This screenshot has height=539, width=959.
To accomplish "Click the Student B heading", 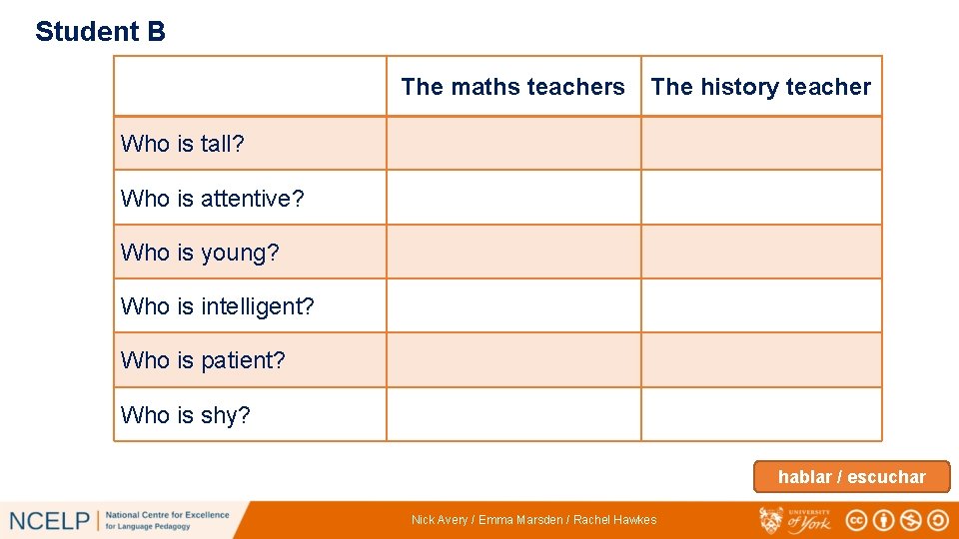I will [x=100, y=32].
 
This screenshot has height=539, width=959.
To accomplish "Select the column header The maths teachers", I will [x=512, y=87].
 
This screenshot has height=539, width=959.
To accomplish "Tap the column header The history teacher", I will [x=760, y=87].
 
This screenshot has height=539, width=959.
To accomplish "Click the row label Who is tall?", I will [x=183, y=144].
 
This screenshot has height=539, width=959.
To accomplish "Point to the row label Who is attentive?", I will [x=212, y=199].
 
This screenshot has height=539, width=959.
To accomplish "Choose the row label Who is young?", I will [x=200, y=253].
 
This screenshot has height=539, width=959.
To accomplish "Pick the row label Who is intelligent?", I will [x=217, y=306].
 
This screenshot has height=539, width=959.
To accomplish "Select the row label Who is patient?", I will [x=203, y=360].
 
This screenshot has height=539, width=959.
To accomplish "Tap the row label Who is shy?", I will [x=185, y=415].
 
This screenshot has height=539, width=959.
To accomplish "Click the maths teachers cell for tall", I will [x=512, y=144].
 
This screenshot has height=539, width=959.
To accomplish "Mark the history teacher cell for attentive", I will [x=760, y=198].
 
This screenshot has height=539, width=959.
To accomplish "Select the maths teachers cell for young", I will [x=512, y=252].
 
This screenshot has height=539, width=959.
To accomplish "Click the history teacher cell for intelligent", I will [x=760, y=305].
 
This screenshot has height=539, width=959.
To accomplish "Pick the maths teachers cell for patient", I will [x=512, y=359].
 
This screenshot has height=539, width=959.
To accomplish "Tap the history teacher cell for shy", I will [x=760, y=414].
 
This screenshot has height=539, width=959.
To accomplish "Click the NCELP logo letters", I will [x=49, y=520].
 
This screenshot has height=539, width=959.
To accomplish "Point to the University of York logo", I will [x=795, y=520].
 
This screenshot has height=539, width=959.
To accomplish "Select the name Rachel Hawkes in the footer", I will [x=615, y=520].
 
